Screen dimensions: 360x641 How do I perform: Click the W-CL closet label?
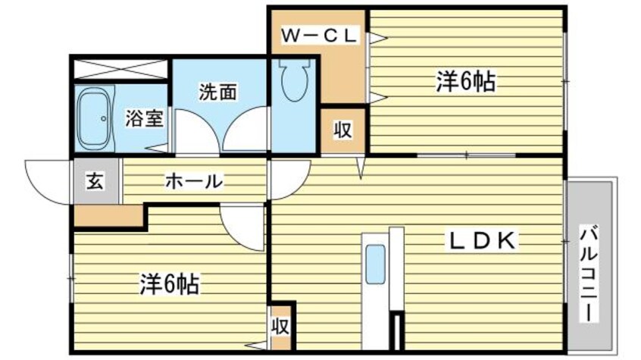319,35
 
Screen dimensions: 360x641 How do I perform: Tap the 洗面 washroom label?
218,92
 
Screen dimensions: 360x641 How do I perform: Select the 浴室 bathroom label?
144,119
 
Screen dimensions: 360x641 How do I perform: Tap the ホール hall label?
193,181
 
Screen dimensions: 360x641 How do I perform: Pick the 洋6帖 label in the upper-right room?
465,81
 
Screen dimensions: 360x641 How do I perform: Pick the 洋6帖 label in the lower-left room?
169,284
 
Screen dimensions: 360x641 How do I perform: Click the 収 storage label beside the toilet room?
343,130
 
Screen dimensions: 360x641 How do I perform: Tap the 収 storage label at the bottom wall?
280,327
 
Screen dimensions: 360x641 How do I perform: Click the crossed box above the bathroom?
120,67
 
